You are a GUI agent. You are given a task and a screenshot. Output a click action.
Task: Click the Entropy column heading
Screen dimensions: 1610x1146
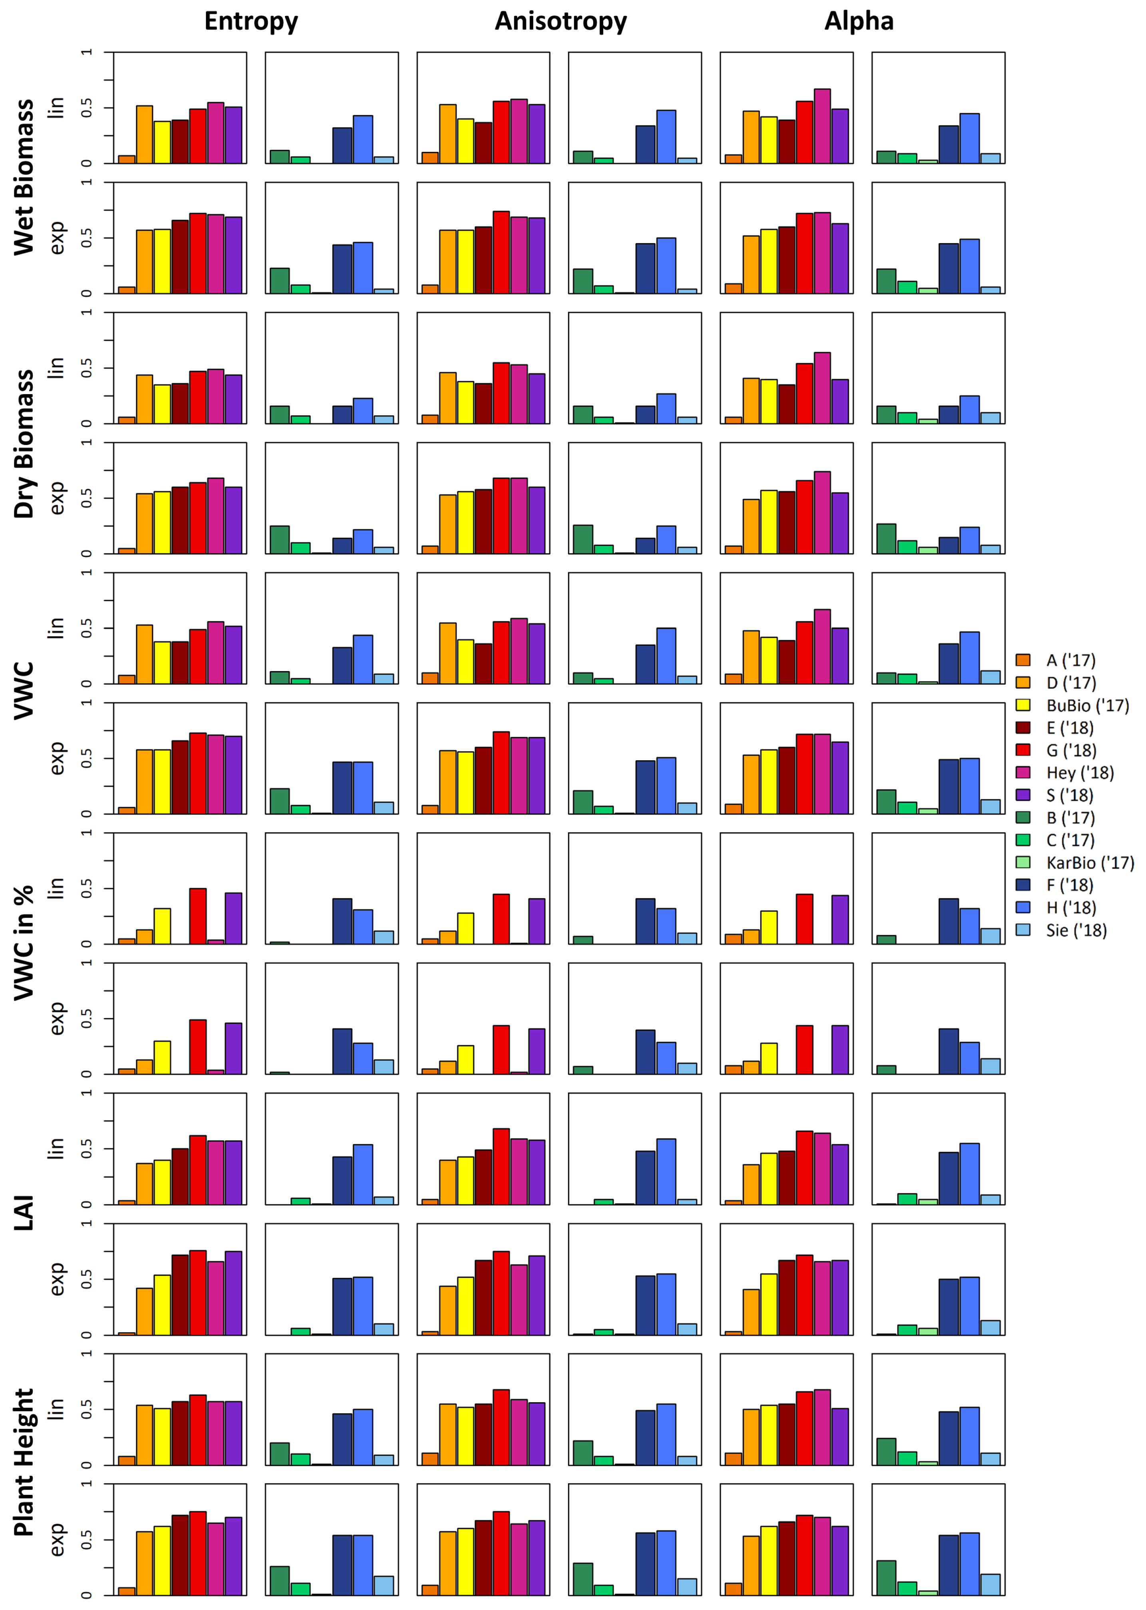(251, 21)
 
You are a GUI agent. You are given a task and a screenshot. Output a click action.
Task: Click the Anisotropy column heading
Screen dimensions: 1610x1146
(560, 21)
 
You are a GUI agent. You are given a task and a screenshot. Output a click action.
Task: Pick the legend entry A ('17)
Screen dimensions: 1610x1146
(1070, 660)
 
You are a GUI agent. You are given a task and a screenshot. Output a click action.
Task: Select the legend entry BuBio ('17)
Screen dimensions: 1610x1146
(1087, 705)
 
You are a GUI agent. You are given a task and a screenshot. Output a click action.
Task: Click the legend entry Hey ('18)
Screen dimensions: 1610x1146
(1080, 773)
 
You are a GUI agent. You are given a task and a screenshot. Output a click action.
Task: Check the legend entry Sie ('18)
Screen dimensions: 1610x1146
(1075, 930)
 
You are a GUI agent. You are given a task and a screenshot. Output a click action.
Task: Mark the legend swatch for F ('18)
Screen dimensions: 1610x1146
(1022, 885)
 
